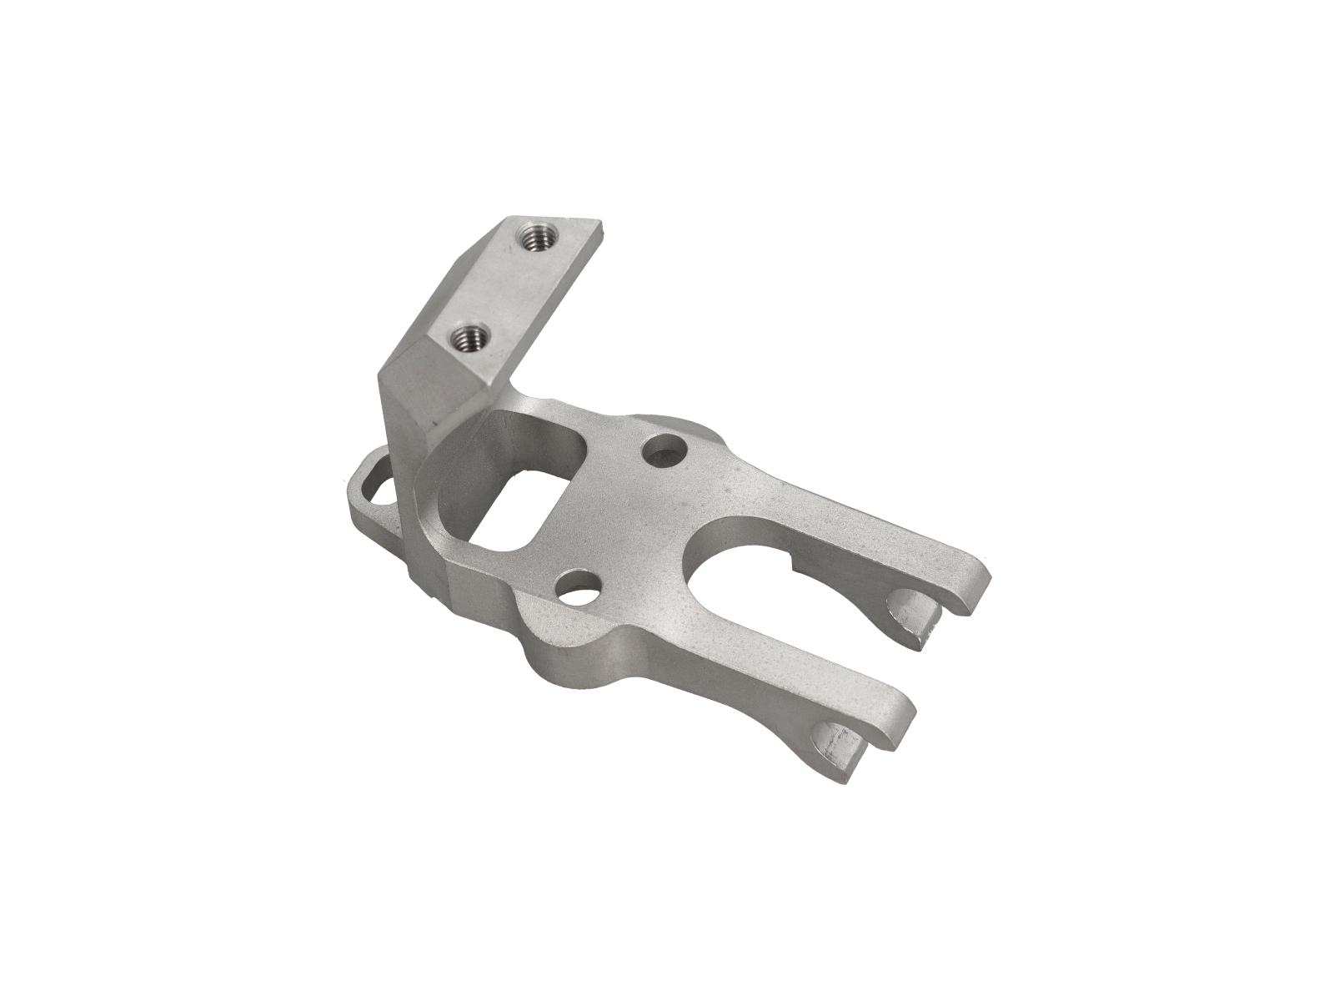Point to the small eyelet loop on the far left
pos(372,487)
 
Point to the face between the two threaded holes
pos(500,288)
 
